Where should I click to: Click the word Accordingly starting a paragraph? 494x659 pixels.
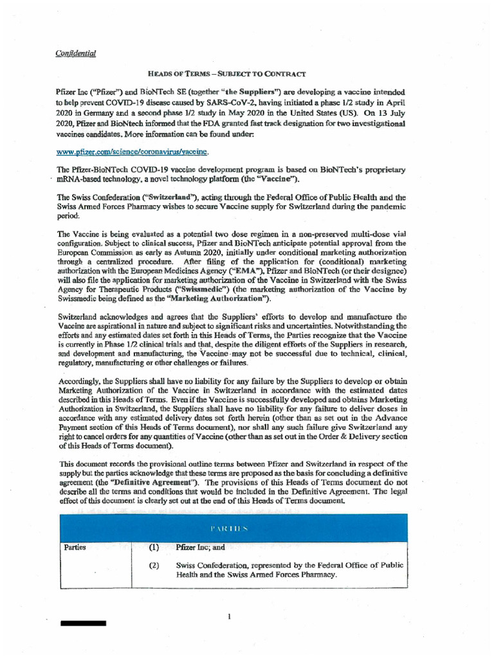click(80, 381)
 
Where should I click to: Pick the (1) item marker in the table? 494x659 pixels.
click(154, 548)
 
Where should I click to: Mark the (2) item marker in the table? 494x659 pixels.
click(154, 566)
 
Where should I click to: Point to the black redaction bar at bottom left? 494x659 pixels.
click(83, 624)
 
